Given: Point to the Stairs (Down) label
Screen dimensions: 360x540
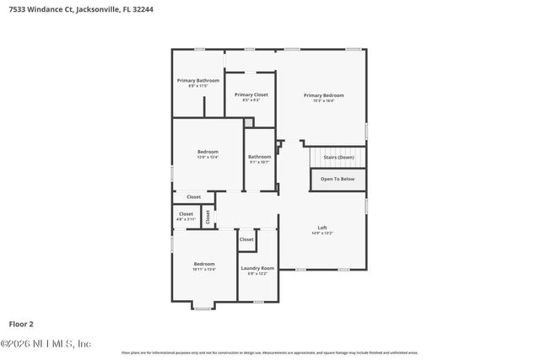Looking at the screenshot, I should tap(337, 158).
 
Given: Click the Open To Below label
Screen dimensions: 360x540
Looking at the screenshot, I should tap(337, 179).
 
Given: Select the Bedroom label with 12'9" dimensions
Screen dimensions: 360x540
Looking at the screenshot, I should tap(208, 153).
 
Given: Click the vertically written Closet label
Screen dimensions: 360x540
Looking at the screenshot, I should tap(208, 216).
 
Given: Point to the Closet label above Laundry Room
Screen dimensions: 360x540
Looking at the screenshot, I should tap(246, 239).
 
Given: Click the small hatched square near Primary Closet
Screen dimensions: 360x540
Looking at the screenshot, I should tap(248, 123).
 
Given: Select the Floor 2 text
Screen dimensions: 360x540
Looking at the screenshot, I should tap(21, 323).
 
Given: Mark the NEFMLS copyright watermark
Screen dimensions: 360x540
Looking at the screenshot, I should tap(46, 343).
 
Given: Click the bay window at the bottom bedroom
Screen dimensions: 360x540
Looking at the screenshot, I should tap(202, 308).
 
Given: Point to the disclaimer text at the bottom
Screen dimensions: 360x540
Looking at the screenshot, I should tap(269, 352).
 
